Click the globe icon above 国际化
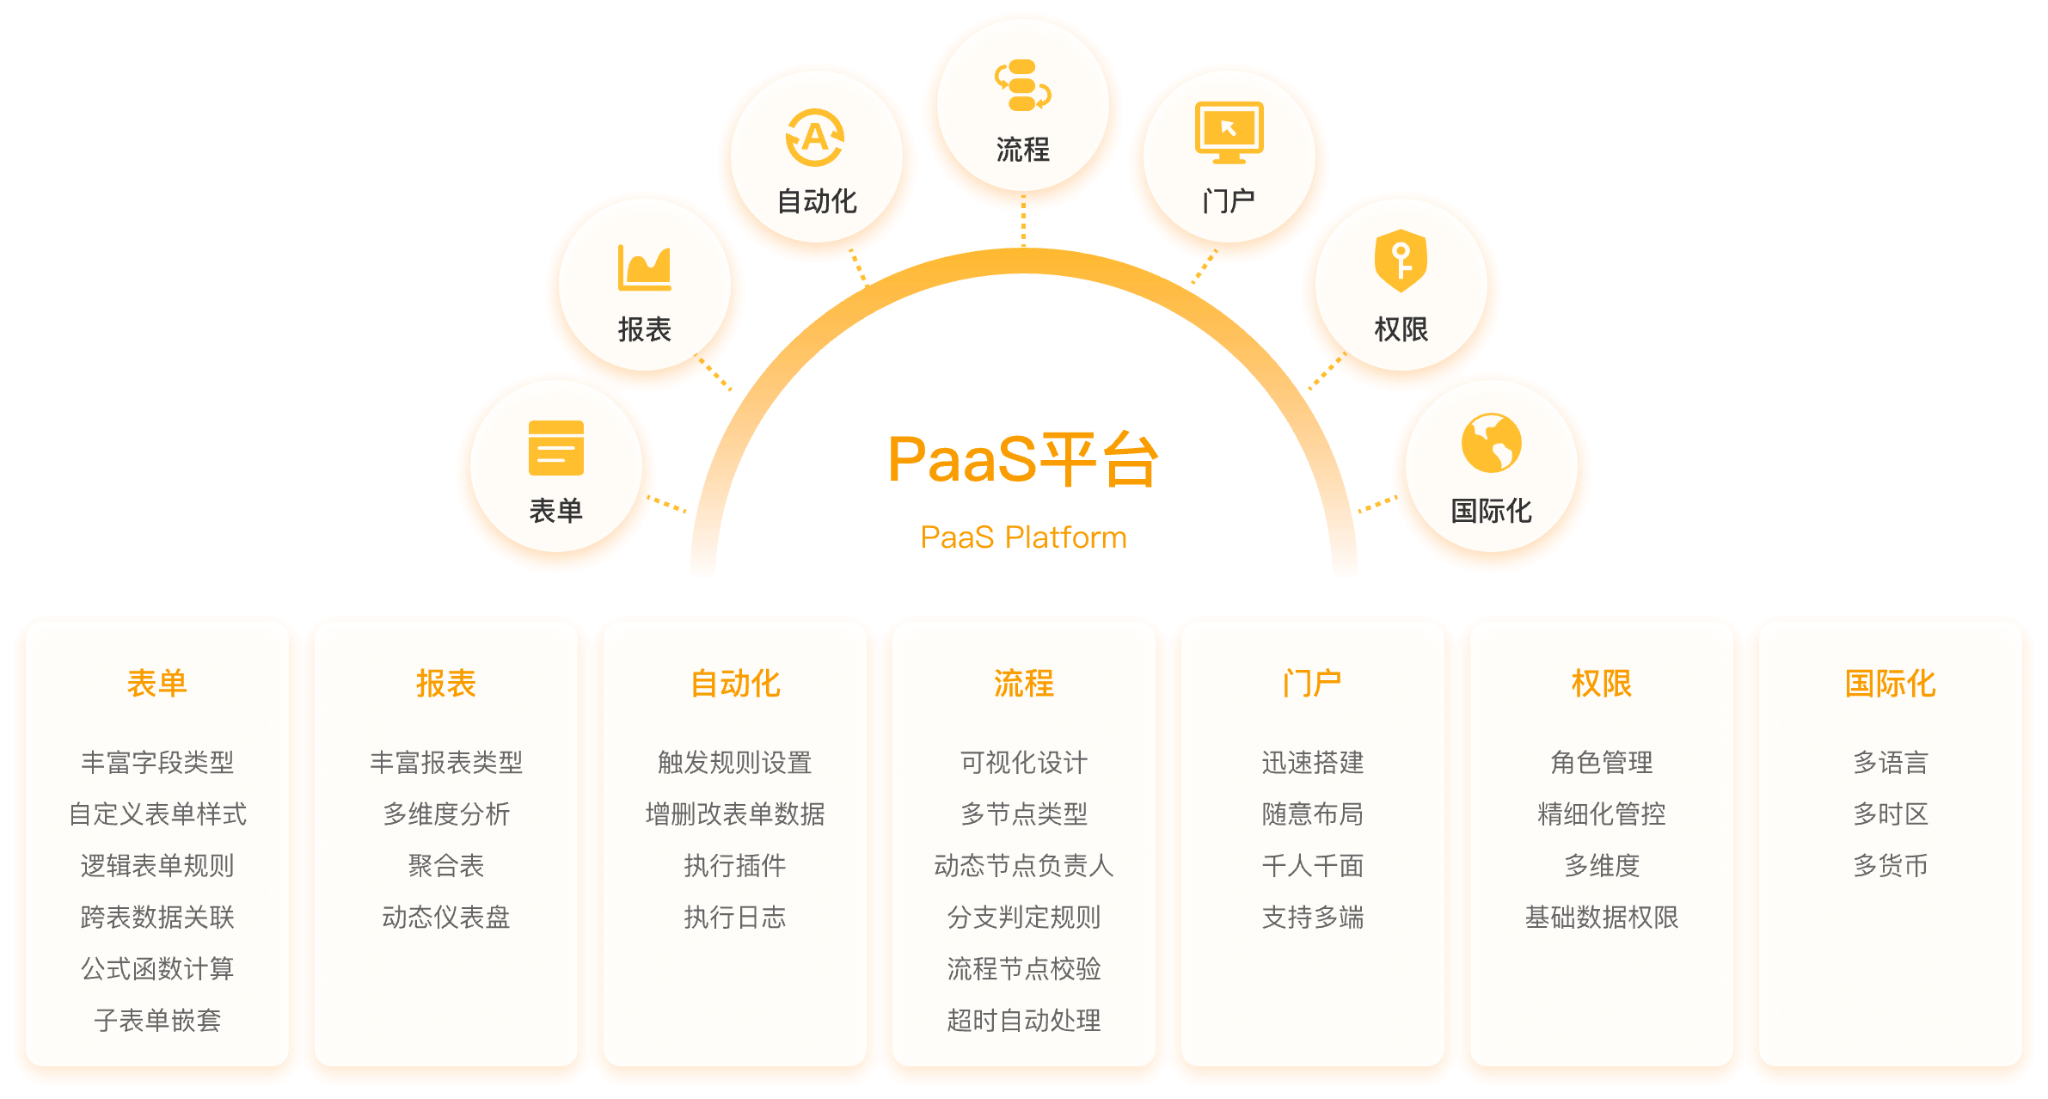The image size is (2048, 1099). (1491, 443)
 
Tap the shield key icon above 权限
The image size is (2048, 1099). (1401, 261)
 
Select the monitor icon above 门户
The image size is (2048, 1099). (1229, 132)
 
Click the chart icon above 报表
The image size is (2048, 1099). (644, 267)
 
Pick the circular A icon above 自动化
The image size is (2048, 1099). (815, 138)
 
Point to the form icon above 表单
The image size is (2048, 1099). (556, 448)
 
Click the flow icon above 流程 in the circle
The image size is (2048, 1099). (1022, 85)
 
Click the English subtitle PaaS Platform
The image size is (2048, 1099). (1023, 537)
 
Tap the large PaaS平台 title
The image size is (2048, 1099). (1023, 459)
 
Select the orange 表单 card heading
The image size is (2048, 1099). (157, 684)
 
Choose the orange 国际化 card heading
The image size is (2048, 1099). (1890, 684)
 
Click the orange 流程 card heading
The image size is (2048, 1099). (1023, 684)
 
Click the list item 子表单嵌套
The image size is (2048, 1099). (157, 1021)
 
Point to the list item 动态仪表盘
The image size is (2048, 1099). (446, 918)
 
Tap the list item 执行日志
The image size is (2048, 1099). (735, 918)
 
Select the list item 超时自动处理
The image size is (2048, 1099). (1023, 1021)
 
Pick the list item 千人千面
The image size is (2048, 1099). (1312, 866)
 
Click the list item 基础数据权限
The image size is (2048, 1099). (1601, 918)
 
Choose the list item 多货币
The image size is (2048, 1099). (1890, 866)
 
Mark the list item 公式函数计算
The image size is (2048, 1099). (157, 969)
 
